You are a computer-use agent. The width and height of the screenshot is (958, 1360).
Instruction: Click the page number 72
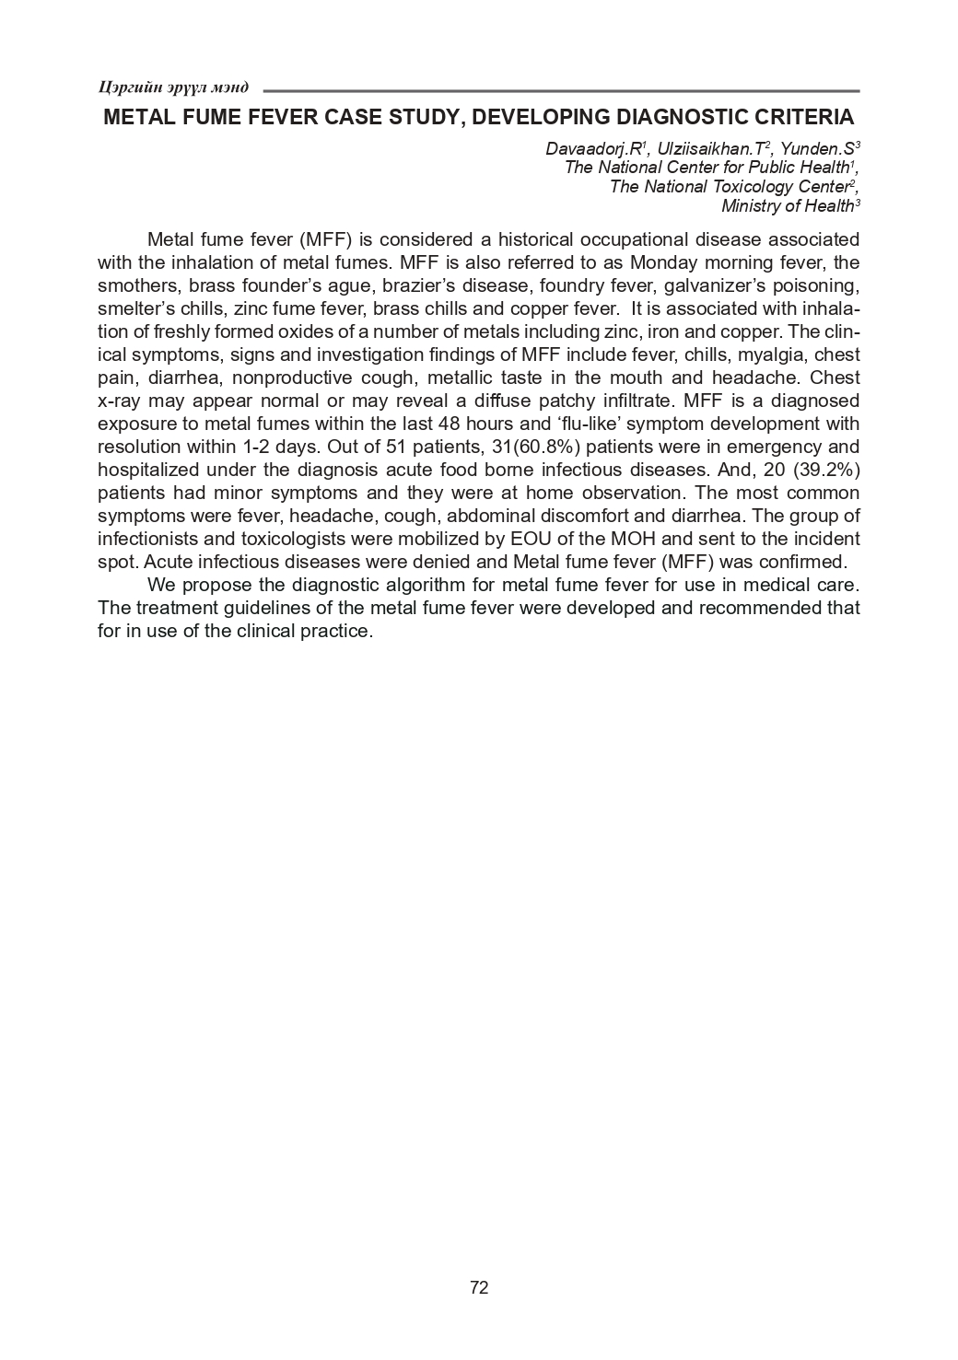[479, 1287]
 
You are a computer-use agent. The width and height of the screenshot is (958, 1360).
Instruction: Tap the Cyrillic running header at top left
[173, 87]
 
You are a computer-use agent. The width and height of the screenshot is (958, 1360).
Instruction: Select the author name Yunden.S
[817, 148]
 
